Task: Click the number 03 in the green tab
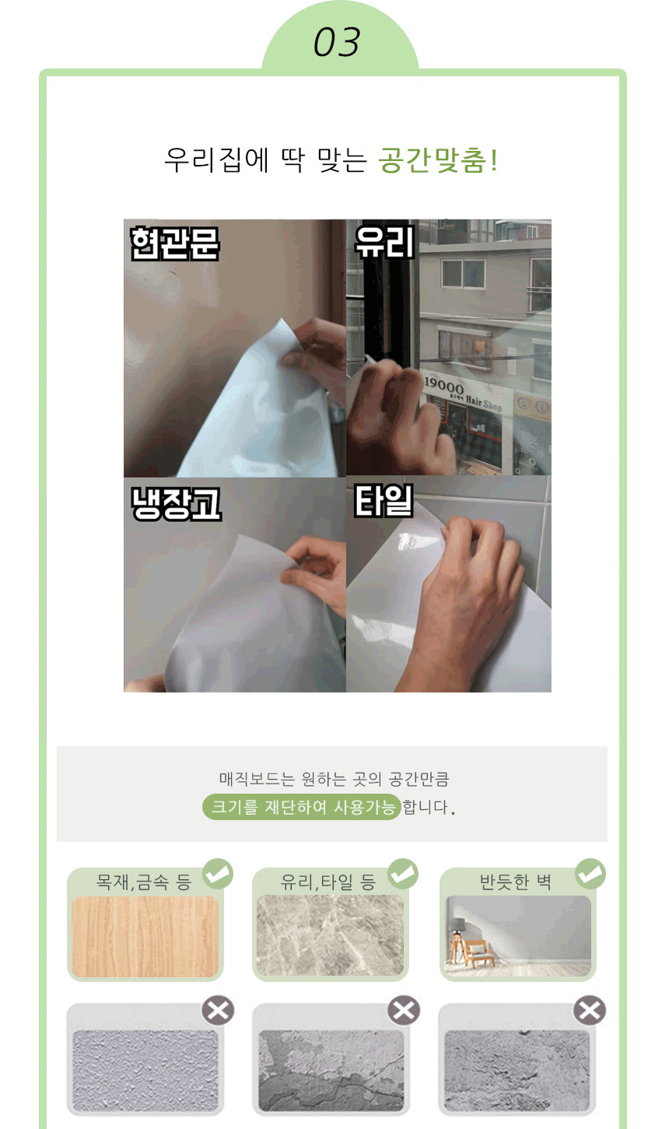point(337,42)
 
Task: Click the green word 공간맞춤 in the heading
point(433,160)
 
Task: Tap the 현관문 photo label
point(174,244)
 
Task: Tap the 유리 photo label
point(384,242)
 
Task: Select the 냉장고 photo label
point(176,503)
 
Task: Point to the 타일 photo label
point(384,501)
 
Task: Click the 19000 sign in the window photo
point(444,386)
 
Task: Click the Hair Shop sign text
point(484,403)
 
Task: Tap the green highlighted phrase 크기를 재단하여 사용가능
point(302,807)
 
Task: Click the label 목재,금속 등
point(144,882)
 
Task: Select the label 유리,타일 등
point(328,882)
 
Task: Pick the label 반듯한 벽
point(515,882)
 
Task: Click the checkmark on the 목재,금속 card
point(218,874)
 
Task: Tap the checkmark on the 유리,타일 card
point(403,874)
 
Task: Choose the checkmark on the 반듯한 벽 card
point(590,874)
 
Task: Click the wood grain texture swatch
point(145,937)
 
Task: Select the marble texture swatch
point(330,935)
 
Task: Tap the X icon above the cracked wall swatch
point(404,1011)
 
